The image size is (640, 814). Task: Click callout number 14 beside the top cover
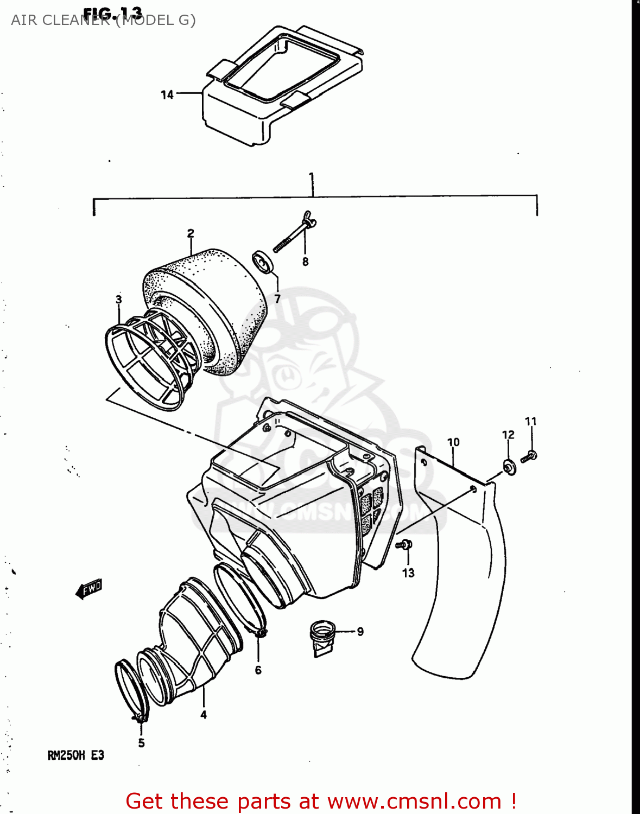(167, 95)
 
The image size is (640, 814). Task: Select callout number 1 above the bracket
(312, 177)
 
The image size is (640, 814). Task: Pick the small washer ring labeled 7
(264, 262)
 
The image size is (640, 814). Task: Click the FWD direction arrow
(89, 588)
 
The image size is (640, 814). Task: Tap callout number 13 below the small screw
(408, 573)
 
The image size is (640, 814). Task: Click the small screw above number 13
(405, 544)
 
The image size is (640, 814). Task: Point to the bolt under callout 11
(529, 456)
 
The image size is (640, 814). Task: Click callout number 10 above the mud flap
(453, 442)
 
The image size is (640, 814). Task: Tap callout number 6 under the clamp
(258, 670)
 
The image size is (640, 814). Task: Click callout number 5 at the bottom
(141, 743)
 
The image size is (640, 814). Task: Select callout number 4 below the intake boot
(204, 715)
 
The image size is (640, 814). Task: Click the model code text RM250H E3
(75, 755)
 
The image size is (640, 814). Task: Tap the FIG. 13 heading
(113, 12)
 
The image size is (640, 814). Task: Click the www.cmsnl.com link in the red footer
(414, 801)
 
